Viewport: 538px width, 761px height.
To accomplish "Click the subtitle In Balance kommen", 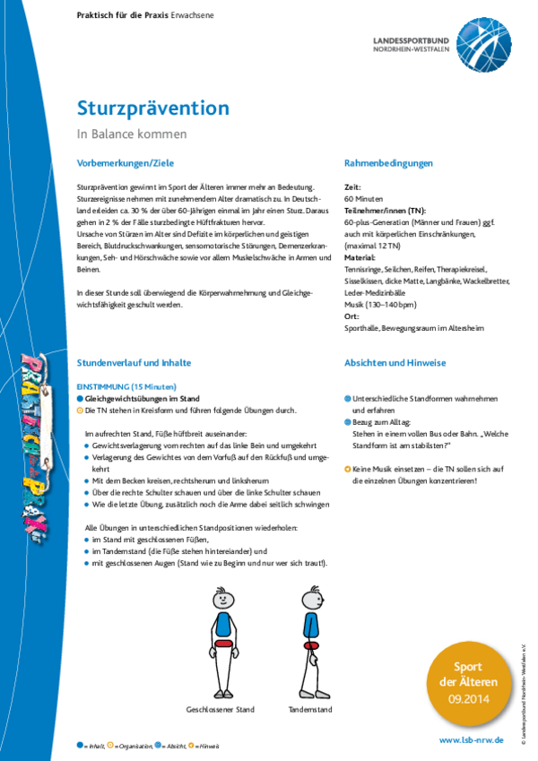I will pos(132,134).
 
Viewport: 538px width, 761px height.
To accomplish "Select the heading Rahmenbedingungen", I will pos(388,163).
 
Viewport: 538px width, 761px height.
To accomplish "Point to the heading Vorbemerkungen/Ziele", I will pos(126,163).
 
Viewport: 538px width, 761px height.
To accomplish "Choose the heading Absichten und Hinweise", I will pos(395,362).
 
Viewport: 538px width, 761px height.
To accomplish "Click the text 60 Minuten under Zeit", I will pos(364,198).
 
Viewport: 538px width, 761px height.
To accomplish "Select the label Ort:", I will pos(351,316).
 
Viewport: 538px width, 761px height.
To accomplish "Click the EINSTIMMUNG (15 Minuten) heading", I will pos(129,385).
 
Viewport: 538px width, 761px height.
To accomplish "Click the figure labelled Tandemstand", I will pos(311,640).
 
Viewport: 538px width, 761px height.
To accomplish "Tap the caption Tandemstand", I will pos(310,710).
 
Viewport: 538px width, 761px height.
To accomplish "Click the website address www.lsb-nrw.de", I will pos(471,740).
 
